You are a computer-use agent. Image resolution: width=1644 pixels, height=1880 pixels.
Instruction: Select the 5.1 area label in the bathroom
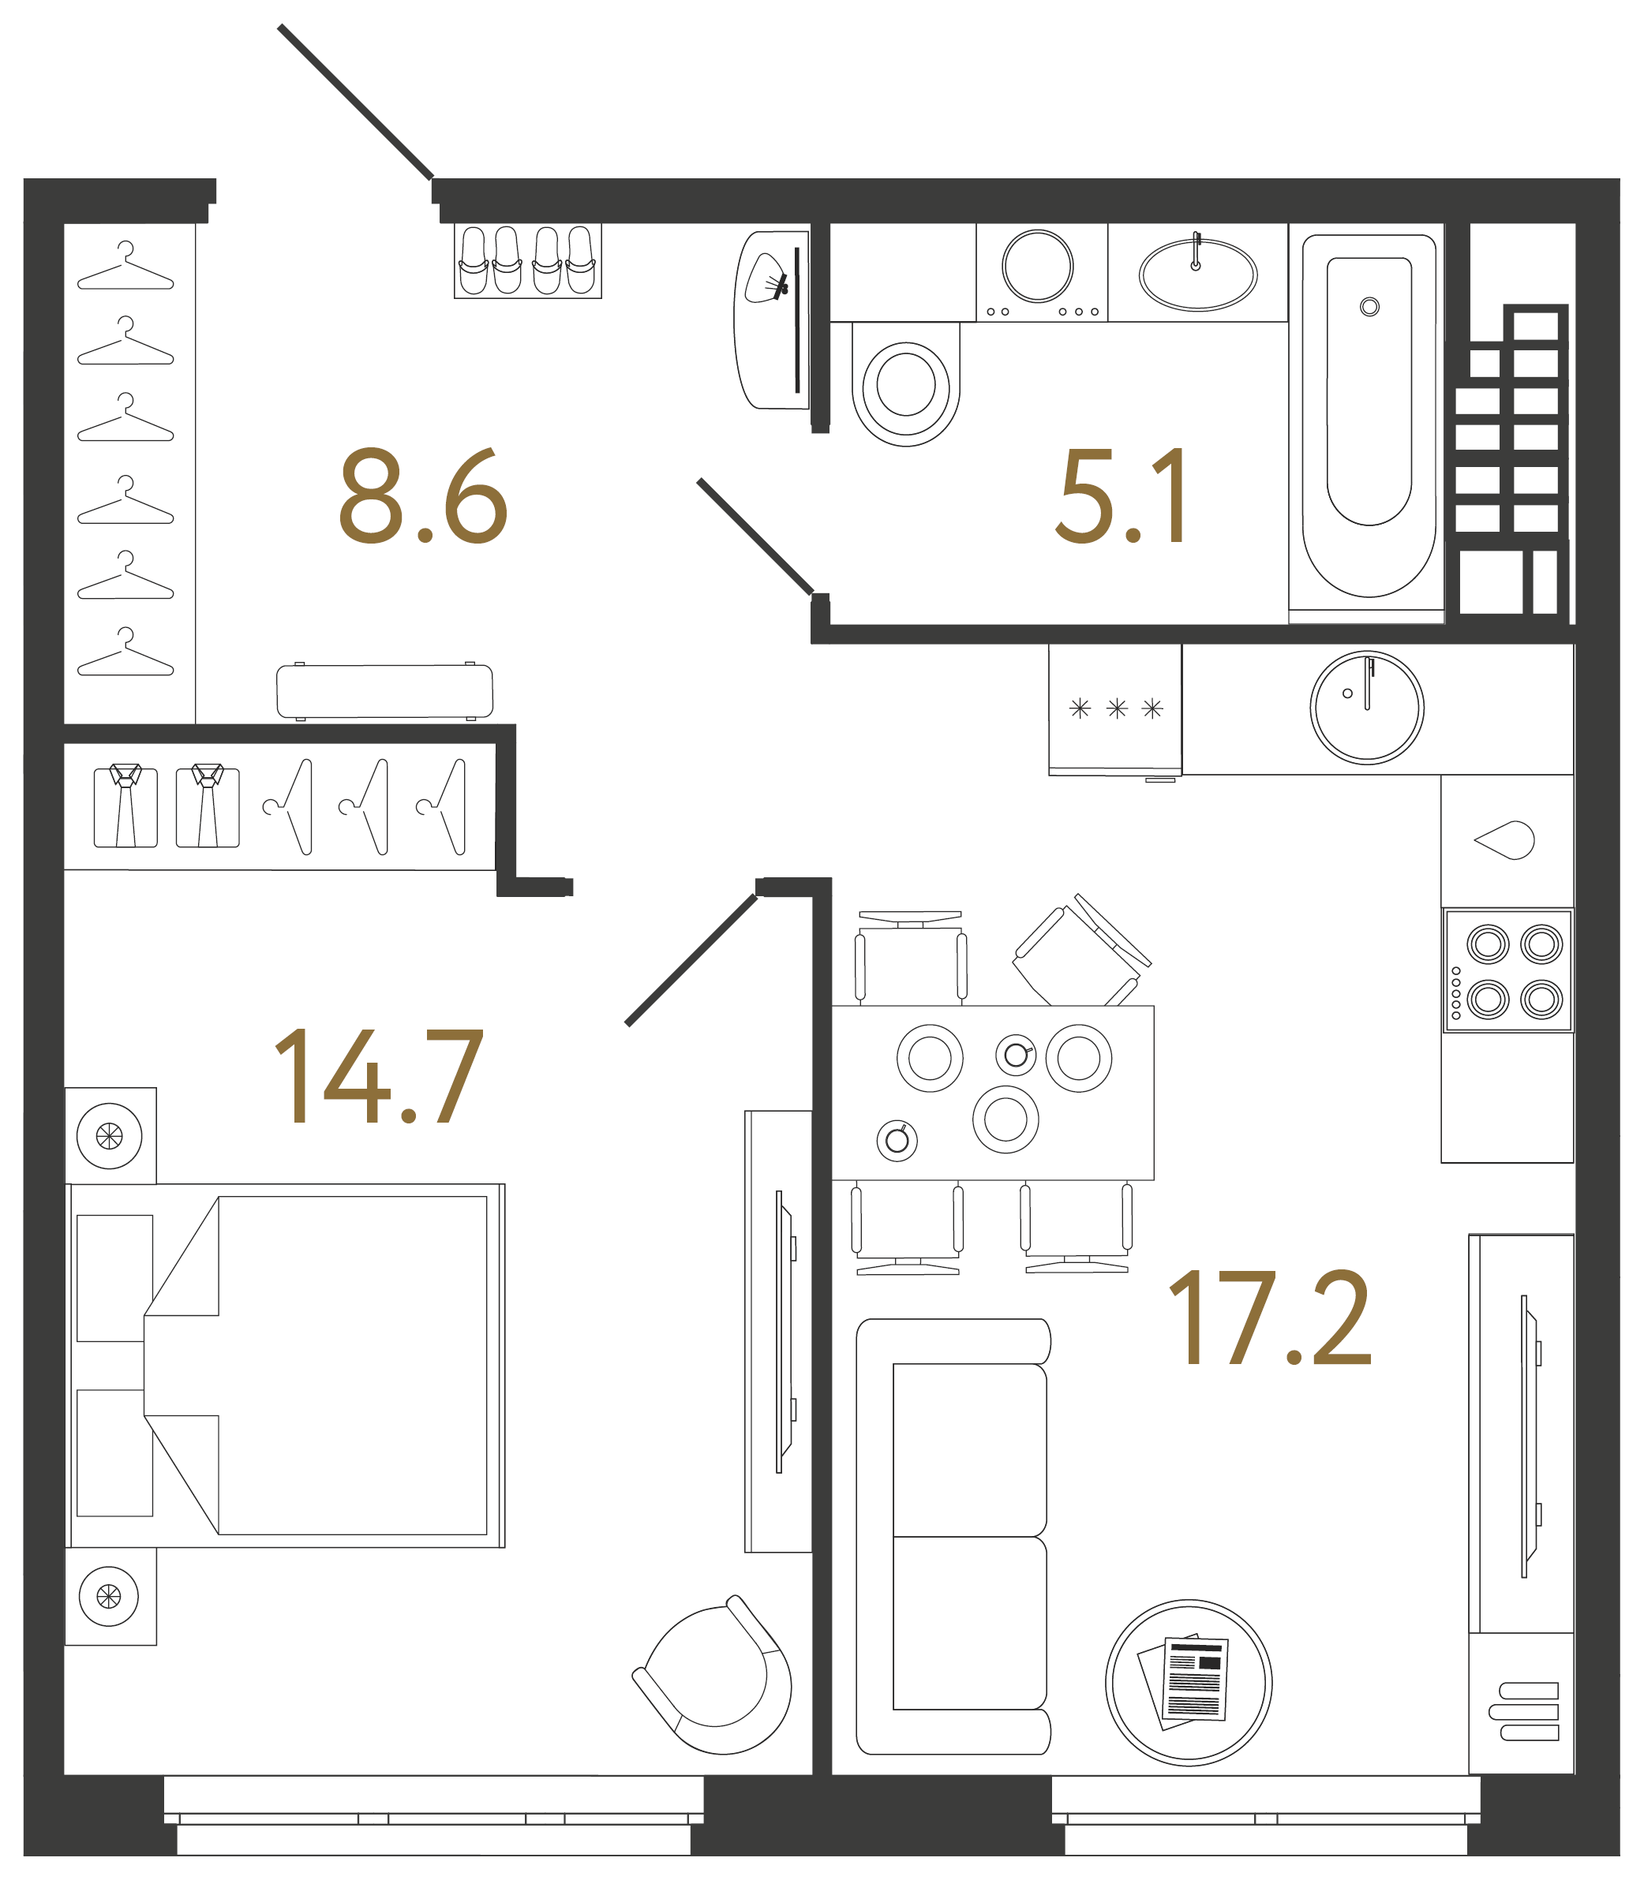coord(1121,496)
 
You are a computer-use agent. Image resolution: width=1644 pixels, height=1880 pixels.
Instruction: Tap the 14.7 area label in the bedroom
coord(379,1076)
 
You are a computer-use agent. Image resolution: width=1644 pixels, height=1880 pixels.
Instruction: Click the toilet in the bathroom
coord(905,383)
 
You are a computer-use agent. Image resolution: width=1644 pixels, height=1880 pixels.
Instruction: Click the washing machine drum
coord(1038,266)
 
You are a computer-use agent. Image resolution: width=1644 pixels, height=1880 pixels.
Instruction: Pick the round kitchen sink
coord(1367,707)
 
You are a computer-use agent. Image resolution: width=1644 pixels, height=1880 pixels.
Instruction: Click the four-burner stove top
coord(1508,970)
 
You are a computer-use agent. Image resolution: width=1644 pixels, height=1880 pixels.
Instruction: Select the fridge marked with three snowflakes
coord(1115,710)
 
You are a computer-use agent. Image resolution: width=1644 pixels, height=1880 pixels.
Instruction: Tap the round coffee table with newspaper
coord(1189,1683)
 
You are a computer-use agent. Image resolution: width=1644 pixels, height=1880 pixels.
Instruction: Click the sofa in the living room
coord(953,1536)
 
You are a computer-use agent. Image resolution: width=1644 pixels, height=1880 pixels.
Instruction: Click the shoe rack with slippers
coord(527,260)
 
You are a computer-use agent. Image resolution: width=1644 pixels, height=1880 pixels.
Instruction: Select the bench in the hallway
coord(384,691)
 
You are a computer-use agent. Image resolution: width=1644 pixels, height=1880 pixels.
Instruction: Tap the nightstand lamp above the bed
coord(109,1136)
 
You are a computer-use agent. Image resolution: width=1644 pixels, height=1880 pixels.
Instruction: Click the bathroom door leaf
coord(755,536)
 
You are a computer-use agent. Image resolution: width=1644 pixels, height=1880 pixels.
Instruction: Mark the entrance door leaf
coord(356,102)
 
